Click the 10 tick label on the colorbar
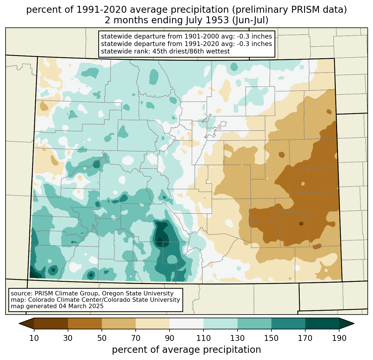[x=34, y=338]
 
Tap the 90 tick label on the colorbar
[x=170, y=338]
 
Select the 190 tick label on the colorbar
[x=339, y=338]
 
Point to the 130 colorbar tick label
[x=237, y=338]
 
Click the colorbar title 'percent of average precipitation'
[x=186, y=350]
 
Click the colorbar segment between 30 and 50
[x=85, y=323]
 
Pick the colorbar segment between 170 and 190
[x=322, y=323]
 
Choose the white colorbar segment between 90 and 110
[x=186, y=323]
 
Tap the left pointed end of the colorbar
[x=19, y=323]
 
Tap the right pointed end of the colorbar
[x=354, y=323]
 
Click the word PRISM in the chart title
[x=302, y=10]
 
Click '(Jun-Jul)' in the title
[x=250, y=20]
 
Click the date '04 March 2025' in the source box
[x=81, y=306]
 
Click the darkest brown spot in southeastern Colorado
[x=301, y=224]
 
